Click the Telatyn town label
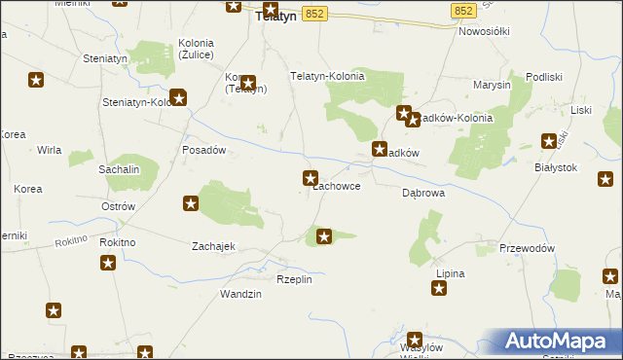[275, 17]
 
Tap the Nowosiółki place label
[485, 31]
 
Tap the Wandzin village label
[240, 294]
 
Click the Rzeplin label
[294, 279]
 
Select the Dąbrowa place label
[423, 193]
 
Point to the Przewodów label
[527, 248]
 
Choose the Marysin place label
[492, 85]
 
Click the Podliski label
[545, 77]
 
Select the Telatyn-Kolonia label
[328, 76]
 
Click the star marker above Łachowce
[311, 177]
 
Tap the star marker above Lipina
[441, 288]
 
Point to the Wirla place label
[50, 150]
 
